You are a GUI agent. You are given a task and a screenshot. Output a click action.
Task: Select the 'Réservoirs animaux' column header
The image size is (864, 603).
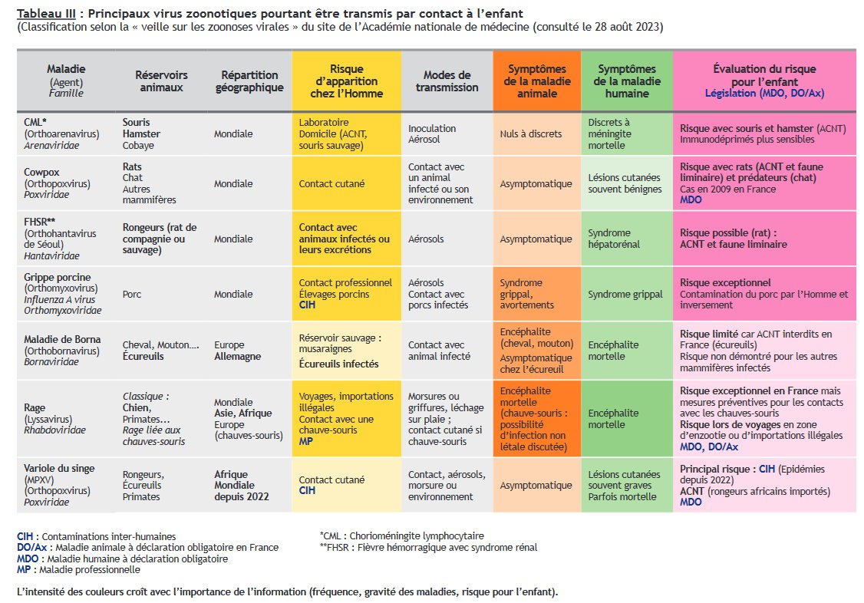(161, 81)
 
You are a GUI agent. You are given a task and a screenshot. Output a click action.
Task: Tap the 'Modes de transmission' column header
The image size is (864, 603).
(447, 81)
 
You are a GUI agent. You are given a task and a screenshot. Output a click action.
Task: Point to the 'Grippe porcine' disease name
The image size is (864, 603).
(58, 277)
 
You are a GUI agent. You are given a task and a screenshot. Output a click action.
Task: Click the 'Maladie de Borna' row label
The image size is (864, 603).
(62, 340)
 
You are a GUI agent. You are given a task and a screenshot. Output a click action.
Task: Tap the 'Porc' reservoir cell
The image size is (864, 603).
(132, 293)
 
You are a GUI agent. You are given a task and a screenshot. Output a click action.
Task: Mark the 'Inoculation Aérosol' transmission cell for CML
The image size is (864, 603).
(432, 133)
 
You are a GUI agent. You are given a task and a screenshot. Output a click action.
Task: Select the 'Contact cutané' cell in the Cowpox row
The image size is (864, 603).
(331, 183)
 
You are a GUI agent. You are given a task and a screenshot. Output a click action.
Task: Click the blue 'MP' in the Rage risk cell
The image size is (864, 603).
(305, 441)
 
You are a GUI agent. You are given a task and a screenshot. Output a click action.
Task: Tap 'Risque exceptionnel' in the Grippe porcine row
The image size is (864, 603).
(725, 282)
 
